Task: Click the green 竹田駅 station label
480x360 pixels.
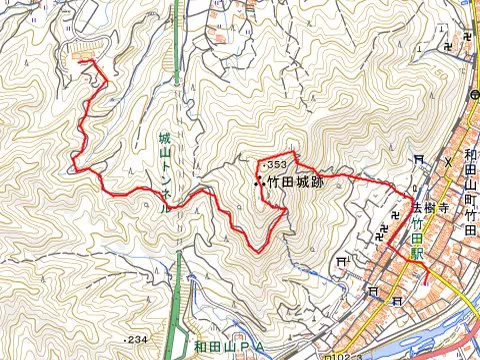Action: click(417, 242)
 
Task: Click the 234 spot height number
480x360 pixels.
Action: click(137, 341)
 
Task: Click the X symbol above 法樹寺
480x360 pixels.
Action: click(448, 158)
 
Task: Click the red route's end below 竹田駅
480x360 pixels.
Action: click(428, 283)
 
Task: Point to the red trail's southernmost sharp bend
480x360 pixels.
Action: click(255, 249)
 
